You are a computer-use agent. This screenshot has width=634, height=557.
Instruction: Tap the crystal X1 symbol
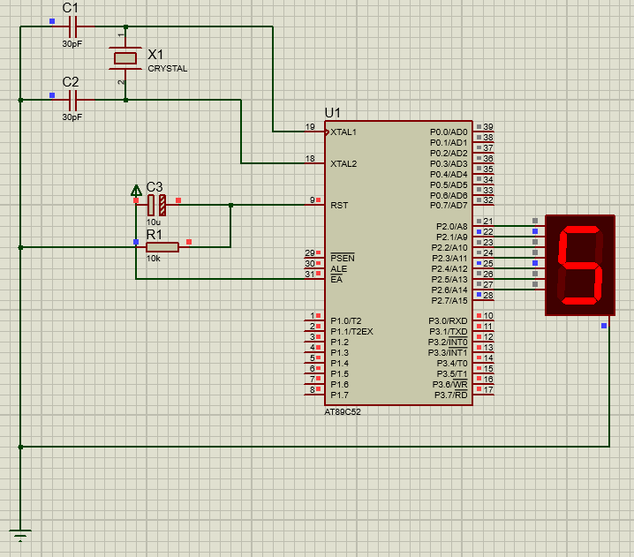pos(125,59)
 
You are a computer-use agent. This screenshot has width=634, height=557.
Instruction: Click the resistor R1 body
pos(162,247)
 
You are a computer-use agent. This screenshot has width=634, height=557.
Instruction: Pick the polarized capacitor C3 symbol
pos(156,205)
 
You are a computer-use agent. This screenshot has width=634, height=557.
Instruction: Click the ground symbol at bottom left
pos(19,532)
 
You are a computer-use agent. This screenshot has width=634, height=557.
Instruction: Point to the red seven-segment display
pos(580,264)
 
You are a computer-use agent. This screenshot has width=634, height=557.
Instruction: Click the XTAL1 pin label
pos(343,132)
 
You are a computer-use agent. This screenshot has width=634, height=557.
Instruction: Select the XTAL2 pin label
pos(343,163)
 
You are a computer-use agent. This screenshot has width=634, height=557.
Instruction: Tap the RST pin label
pos(339,205)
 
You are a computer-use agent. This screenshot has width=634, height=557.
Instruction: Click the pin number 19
pos(310,127)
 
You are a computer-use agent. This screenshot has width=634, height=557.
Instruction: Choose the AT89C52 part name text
pos(343,412)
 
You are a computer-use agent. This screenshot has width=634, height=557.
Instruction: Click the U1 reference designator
pos(332,113)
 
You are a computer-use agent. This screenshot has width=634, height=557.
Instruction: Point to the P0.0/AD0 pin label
pos(449,132)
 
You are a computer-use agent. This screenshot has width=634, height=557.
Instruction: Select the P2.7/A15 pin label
pos(449,300)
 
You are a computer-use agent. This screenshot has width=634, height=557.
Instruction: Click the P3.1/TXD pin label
pos(449,331)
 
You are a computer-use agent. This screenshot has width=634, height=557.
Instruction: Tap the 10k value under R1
pos(153,259)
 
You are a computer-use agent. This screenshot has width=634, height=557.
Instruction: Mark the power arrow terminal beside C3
pos(136,190)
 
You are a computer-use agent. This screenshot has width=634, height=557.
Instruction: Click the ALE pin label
pos(338,268)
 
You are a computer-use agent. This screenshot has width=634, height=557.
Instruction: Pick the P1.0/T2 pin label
pos(346,320)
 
